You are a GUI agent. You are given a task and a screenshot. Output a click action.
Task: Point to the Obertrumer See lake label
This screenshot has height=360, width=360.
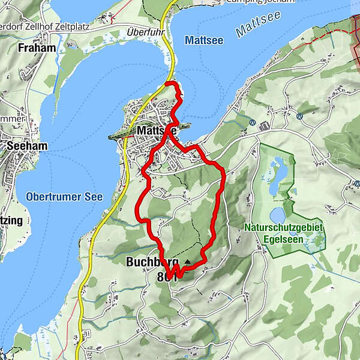(x=64, y=197)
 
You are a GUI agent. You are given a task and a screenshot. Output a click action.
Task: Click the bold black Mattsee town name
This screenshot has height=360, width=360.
(x=154, y=130)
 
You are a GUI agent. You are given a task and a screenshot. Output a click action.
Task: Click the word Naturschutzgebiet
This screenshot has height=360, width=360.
(x=284, y=227)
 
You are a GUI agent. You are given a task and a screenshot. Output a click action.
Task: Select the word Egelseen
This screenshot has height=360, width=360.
(x=284, y=238)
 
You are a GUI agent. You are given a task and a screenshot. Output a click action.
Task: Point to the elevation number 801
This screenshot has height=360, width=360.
(x=166, y=277)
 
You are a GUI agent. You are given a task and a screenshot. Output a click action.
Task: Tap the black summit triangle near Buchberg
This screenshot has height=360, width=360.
(x=187, y=262)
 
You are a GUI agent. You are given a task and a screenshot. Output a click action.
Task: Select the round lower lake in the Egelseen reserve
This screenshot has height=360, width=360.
(x=278, y=214)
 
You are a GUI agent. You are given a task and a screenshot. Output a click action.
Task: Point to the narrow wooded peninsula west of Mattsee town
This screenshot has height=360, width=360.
(x=119, y=135)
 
